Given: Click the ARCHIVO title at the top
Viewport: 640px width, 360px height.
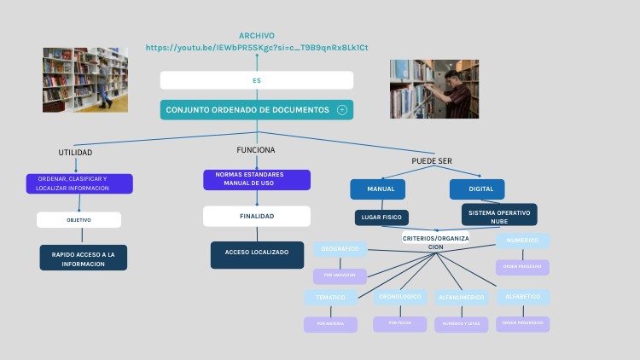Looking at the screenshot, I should (256, 36).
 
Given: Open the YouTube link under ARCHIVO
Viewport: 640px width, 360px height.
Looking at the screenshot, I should (257, 48).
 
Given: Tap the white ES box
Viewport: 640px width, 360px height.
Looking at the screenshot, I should (256, 80).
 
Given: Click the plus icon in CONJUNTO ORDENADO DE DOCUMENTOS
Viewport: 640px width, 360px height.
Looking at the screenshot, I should (342, 110).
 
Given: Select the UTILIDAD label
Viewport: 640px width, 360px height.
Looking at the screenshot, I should (75, 152).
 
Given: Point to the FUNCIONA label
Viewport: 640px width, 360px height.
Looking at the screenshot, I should (256, 149).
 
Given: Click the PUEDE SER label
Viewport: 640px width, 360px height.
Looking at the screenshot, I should (432, 160).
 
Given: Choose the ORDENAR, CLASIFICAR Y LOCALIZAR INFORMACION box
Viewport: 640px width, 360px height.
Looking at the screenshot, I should (79, 183).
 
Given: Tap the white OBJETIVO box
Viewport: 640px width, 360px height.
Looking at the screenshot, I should (79, 220).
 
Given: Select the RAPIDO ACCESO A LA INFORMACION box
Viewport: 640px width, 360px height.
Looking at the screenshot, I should (84, 258).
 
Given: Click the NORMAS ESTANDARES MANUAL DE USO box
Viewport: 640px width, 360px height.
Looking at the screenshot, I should (256, 179).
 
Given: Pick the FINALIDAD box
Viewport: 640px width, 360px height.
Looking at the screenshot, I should (256, 216).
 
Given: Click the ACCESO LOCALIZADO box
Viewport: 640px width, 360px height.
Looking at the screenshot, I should (257, 253).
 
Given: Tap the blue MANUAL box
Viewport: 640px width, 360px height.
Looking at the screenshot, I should (377, 189).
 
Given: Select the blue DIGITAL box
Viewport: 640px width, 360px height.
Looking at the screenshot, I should (477, 189).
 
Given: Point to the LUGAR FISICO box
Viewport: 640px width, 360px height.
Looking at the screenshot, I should (381, 218).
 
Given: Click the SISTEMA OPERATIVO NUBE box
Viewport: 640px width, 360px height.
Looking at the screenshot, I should (499, 215).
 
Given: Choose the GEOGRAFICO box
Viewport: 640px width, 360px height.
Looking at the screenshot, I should (340, 249).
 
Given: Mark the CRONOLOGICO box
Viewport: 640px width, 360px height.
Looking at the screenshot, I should (399, 297).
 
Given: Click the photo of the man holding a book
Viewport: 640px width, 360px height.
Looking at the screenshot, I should (433, 89).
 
